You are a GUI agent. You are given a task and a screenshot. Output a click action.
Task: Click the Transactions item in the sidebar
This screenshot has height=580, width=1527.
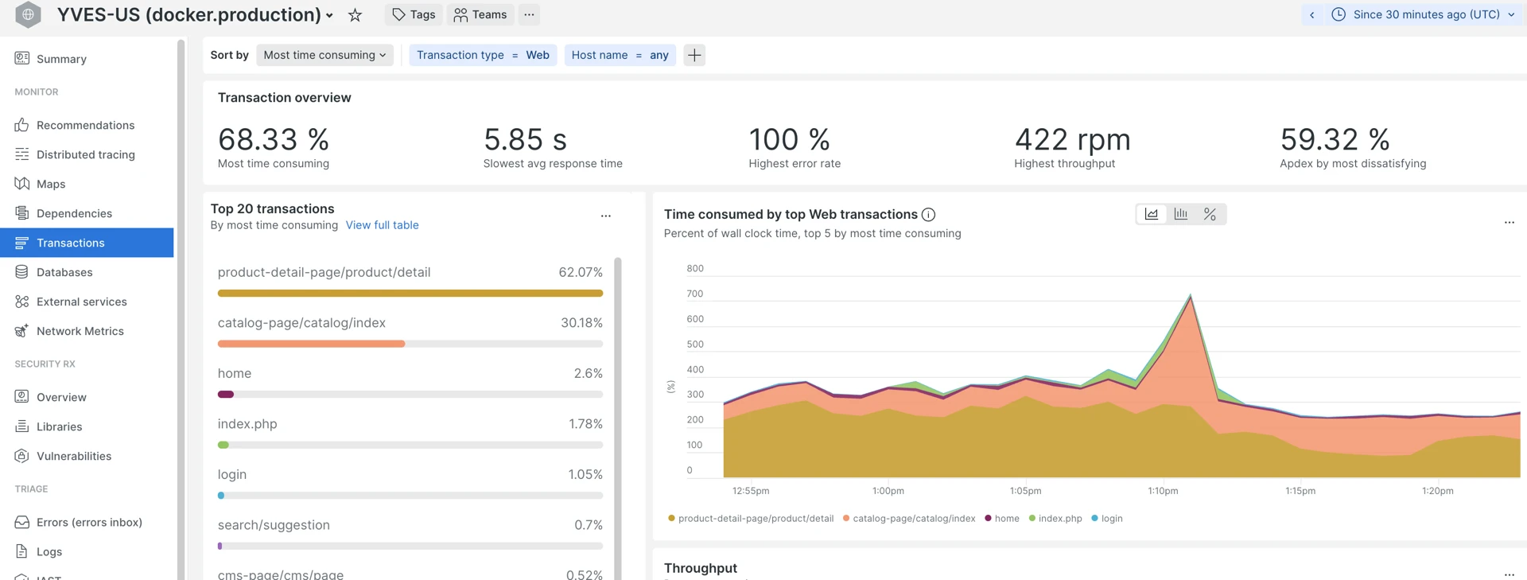coord(71,243)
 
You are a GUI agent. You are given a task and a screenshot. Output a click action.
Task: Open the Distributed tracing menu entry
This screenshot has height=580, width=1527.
coord(85,154)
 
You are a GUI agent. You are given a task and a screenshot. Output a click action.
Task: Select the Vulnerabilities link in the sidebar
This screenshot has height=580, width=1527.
coord(74,456)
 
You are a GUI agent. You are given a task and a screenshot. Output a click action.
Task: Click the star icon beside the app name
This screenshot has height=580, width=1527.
coord(355,15)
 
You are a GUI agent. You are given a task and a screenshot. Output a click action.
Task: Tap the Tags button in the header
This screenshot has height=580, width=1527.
coord(414,14)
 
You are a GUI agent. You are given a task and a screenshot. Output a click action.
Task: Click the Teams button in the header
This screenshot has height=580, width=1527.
coord(480,14)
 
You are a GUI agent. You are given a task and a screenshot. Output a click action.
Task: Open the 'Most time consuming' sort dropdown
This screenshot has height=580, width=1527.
coord(324,55)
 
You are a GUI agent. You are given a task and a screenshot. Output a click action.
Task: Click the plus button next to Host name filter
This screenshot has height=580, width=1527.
coord(694,55)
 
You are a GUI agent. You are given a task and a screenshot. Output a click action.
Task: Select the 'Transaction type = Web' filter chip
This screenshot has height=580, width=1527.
coord(483,55)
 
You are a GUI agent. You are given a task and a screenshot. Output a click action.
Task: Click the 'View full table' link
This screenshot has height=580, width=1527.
coord(382,225)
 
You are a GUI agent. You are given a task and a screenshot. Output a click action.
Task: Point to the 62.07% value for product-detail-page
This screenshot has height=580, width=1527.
coord(580,272)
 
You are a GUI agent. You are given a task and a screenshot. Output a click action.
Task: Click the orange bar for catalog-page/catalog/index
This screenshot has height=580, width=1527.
coord(311,344)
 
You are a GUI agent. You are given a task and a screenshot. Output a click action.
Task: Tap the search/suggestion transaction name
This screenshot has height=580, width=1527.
coord(274,525)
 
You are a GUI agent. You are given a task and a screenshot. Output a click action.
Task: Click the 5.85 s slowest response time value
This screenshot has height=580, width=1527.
coord(525,140)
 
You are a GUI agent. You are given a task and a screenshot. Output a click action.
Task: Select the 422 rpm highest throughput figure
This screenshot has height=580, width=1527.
coord(1072,140)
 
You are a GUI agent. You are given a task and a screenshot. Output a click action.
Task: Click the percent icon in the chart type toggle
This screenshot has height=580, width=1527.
coord(1210,214)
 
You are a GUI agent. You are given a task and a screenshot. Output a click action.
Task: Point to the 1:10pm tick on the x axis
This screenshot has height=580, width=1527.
coord(1163,491)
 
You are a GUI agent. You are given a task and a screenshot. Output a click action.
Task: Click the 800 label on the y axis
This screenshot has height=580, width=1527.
coord(694,268)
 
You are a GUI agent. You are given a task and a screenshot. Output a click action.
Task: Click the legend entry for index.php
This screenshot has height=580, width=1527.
coord(1059,518)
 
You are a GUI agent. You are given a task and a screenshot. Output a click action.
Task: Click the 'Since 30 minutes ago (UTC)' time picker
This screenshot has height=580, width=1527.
coord(1426,14)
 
